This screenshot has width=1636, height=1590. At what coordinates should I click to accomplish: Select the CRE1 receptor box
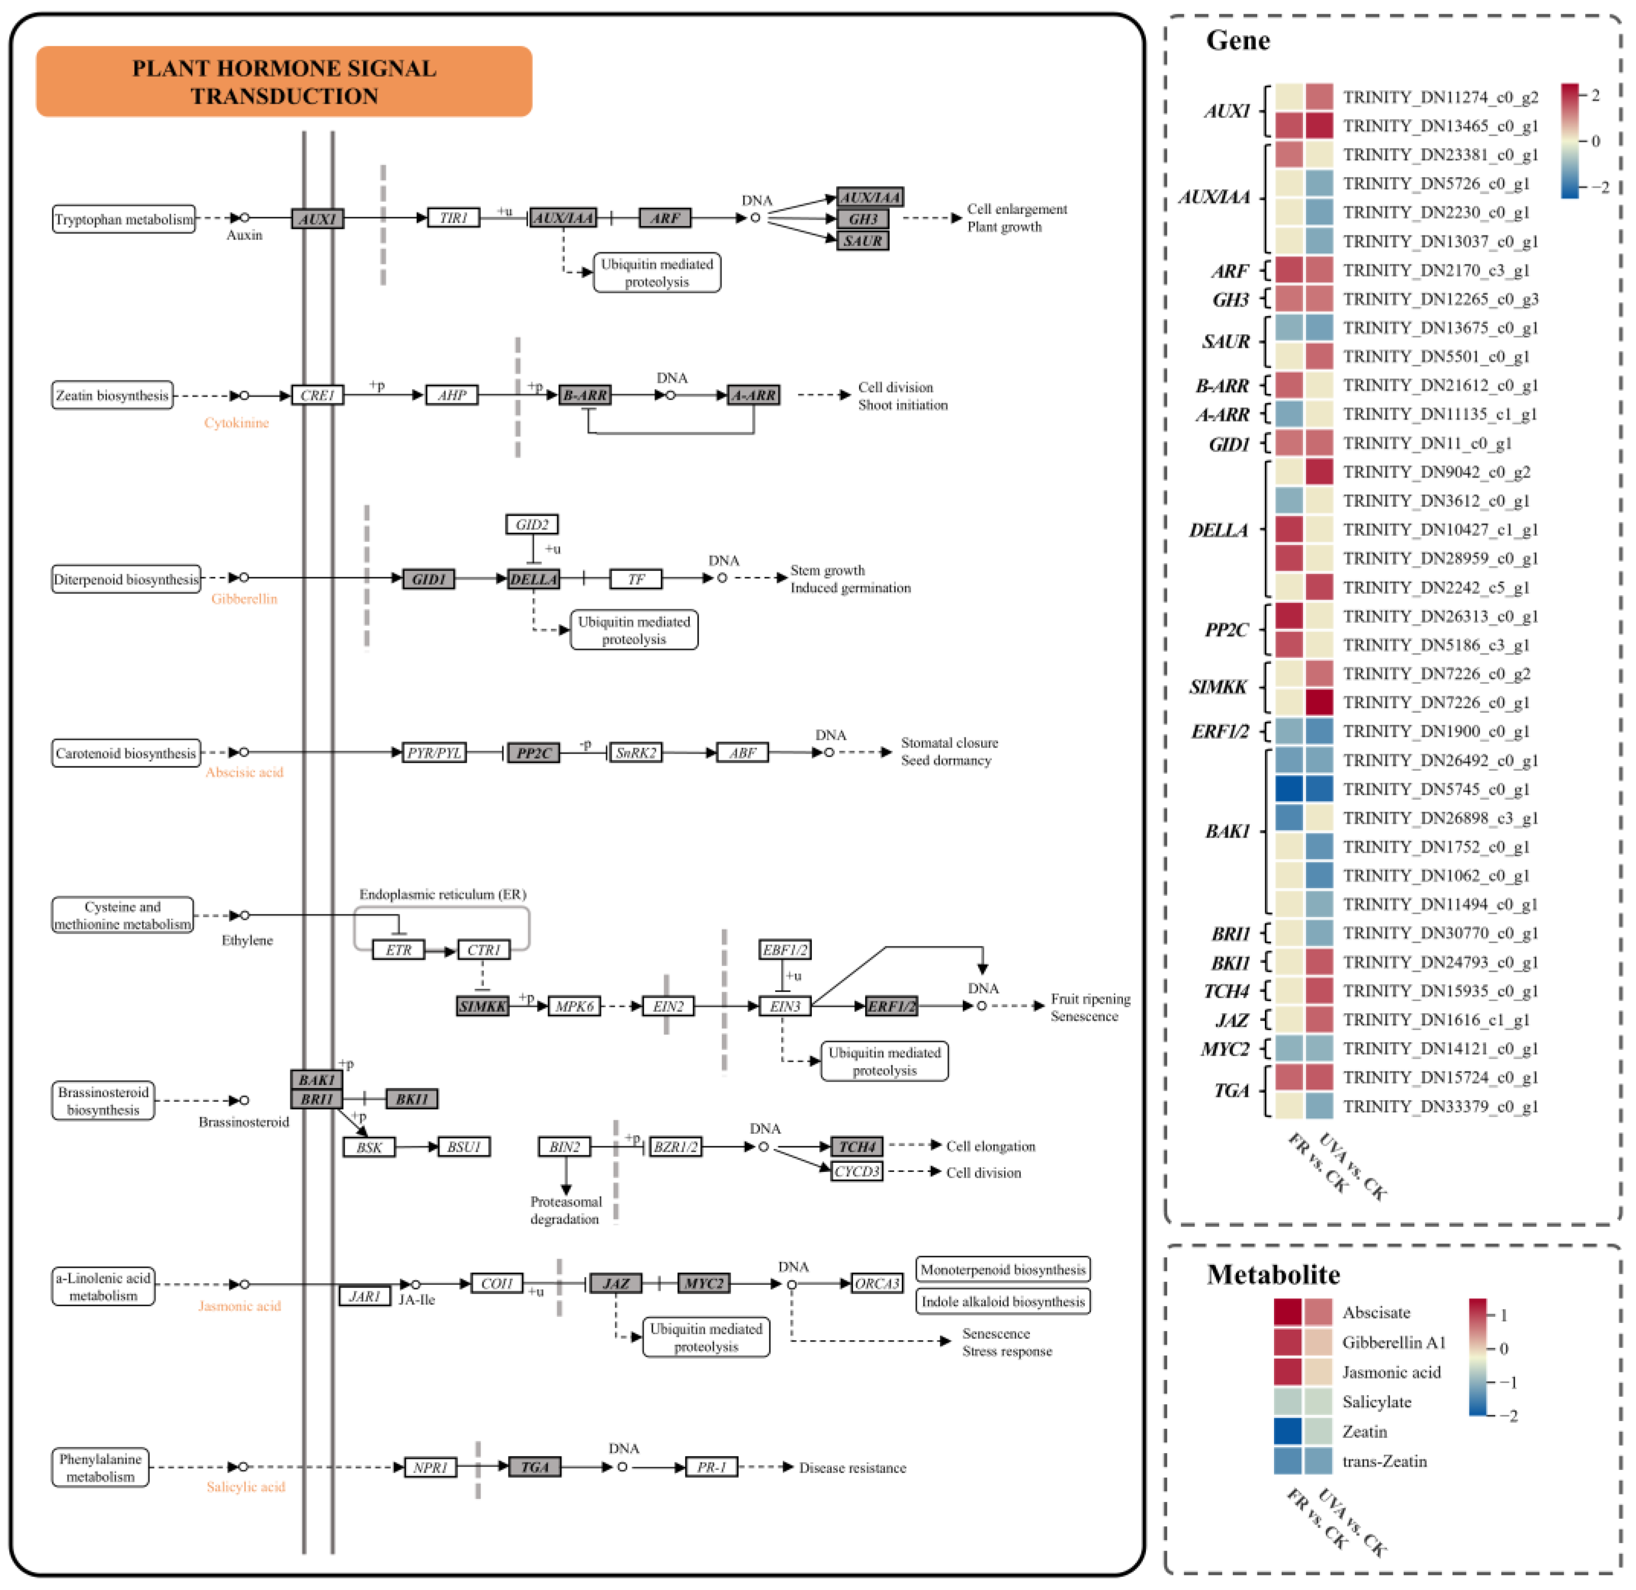tap(317, 395)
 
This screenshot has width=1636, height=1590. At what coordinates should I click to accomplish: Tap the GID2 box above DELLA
tap(531, 524)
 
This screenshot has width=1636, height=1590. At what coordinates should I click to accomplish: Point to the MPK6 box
tap(574, 1006)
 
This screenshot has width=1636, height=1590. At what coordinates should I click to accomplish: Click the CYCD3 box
tap(857, 1172)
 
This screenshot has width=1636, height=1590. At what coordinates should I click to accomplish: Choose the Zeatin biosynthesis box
tap(112, 396)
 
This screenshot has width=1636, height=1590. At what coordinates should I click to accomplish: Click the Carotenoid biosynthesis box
tap(125, 753)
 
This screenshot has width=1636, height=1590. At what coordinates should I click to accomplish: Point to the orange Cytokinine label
tap(236, 423)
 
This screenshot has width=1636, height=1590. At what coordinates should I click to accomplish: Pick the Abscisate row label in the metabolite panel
tap(1375, 1313)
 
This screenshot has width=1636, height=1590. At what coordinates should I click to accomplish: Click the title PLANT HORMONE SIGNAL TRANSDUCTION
tap(284, 82)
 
